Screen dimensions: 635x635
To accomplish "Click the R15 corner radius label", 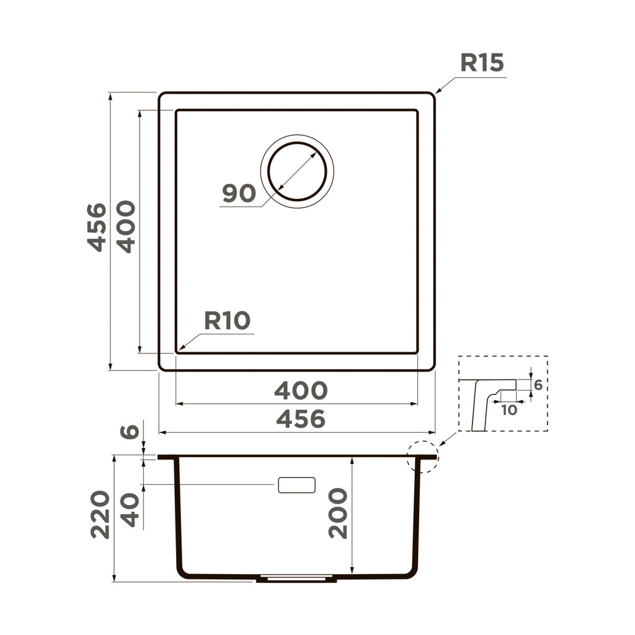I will coord(481,63).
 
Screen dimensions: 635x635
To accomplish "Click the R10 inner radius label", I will coord(227,321).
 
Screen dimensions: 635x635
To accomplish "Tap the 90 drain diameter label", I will coord(239,194).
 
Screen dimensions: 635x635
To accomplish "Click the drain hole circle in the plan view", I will coord(297,171).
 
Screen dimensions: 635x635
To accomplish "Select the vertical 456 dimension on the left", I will coord(96,227).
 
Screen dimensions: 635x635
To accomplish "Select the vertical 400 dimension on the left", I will coord(126,227).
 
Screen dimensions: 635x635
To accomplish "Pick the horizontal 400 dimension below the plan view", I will coord(300,391).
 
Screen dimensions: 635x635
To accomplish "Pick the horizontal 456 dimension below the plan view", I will coord(300,420).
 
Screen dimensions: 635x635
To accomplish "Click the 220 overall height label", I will coord(100,514).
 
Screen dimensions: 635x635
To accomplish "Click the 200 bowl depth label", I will coord(338,513).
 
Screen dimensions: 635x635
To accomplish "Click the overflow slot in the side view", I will coord(296,485).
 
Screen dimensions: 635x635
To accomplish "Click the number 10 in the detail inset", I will coord(508,410).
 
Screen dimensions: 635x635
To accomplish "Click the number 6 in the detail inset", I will coord(538,385).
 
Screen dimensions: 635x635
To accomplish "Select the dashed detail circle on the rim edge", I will coord(422,457).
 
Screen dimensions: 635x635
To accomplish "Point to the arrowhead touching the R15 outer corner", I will coord(437,91).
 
